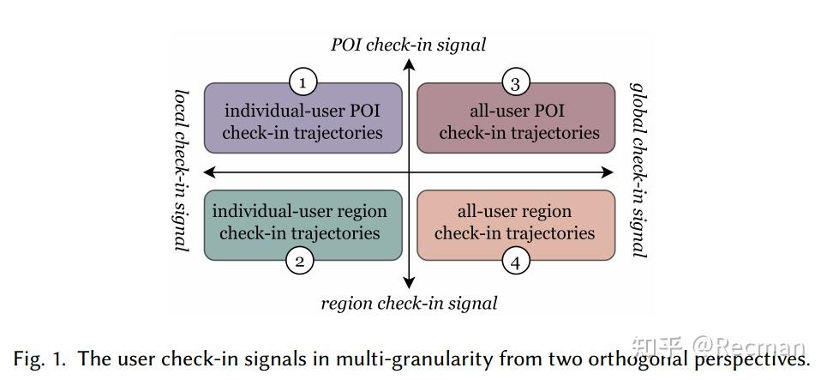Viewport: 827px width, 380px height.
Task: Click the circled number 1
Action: pyautogui.click(x=303, y=82)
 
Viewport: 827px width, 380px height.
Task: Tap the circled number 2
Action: pyautogui.click(x=299, y=262)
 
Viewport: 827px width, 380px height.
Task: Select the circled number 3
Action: pyautogui.click(x=515, y=83)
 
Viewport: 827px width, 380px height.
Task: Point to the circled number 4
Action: pyautogui.click(x=515, y=262)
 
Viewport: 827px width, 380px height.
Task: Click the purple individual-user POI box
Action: pyautogui.click(x=303, y=122)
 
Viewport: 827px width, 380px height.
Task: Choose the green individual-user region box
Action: pyautogui.click(x=303, y=223)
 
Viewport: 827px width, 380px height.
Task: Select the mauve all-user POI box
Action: pyautogui.click(x=517, y=122)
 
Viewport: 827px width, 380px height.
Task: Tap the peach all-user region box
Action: pyautogui.click(x=515, y=223)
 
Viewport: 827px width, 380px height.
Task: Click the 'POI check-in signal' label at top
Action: pyautogui.click(x=409, y=45)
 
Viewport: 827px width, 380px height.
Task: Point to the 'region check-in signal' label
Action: pyautogui.click(x=409, y=303)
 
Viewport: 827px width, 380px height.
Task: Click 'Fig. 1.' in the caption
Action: pyautogui.click(x=40, y=359)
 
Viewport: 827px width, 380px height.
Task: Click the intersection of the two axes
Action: pyautogui.click(x=410, y=172)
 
